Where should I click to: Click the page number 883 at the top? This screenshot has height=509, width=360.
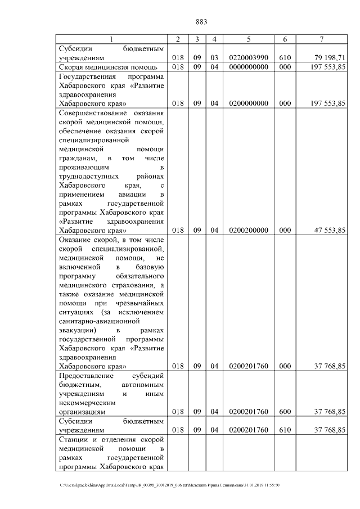click(x=201, y=22)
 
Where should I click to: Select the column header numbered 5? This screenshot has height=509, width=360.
click(x=248, y=39)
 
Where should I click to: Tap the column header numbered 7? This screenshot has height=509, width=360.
click(x=321, y=39)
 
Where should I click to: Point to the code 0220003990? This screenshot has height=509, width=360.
click(x=248, y=58)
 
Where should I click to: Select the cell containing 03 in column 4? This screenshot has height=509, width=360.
click(x=214, y=58)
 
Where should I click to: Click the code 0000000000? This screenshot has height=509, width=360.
click(x=248, y=67)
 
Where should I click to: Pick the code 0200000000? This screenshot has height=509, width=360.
click(x=248, y=103)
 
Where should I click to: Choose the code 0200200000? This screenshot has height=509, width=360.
click(x=248, y=230)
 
